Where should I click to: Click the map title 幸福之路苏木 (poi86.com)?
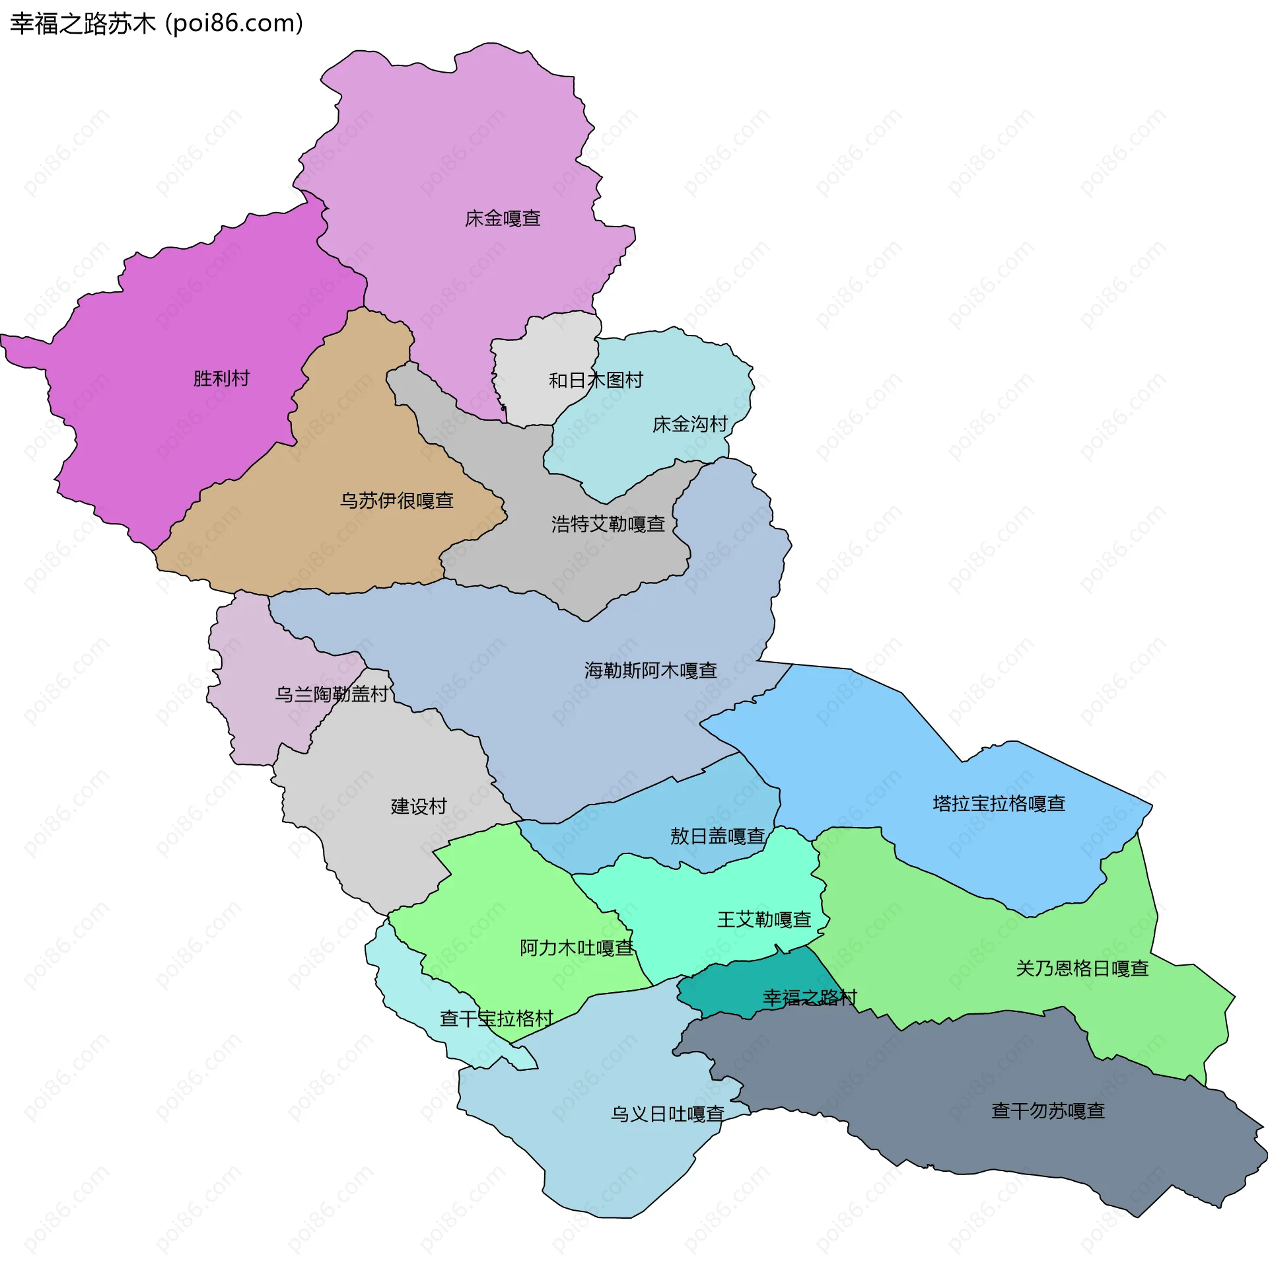click(157, 24)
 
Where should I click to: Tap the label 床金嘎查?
click(503, 219)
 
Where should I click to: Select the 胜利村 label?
click(221, 378)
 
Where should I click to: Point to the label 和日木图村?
click(596, 380)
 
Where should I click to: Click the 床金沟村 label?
click(689, 424)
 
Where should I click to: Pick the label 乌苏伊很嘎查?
click(396, 501)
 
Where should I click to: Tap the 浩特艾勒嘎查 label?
click(608, 524)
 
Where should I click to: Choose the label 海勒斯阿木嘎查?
click(651, 671)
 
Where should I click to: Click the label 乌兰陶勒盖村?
click(332, 694)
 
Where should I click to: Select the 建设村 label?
click(419, 807)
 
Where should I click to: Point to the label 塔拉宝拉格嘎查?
click(999, 804)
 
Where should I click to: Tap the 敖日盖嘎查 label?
click(717, 837)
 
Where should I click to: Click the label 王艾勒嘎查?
click(764, 920)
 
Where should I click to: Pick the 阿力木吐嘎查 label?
click(577, 949)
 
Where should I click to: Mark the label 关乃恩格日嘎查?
click(1082, 969)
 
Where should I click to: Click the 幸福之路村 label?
click(810, 998)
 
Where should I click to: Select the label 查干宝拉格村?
click(496, 1019)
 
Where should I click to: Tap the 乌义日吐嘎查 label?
click(667, 1114)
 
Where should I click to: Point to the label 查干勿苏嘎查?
click(1048, 1111)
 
